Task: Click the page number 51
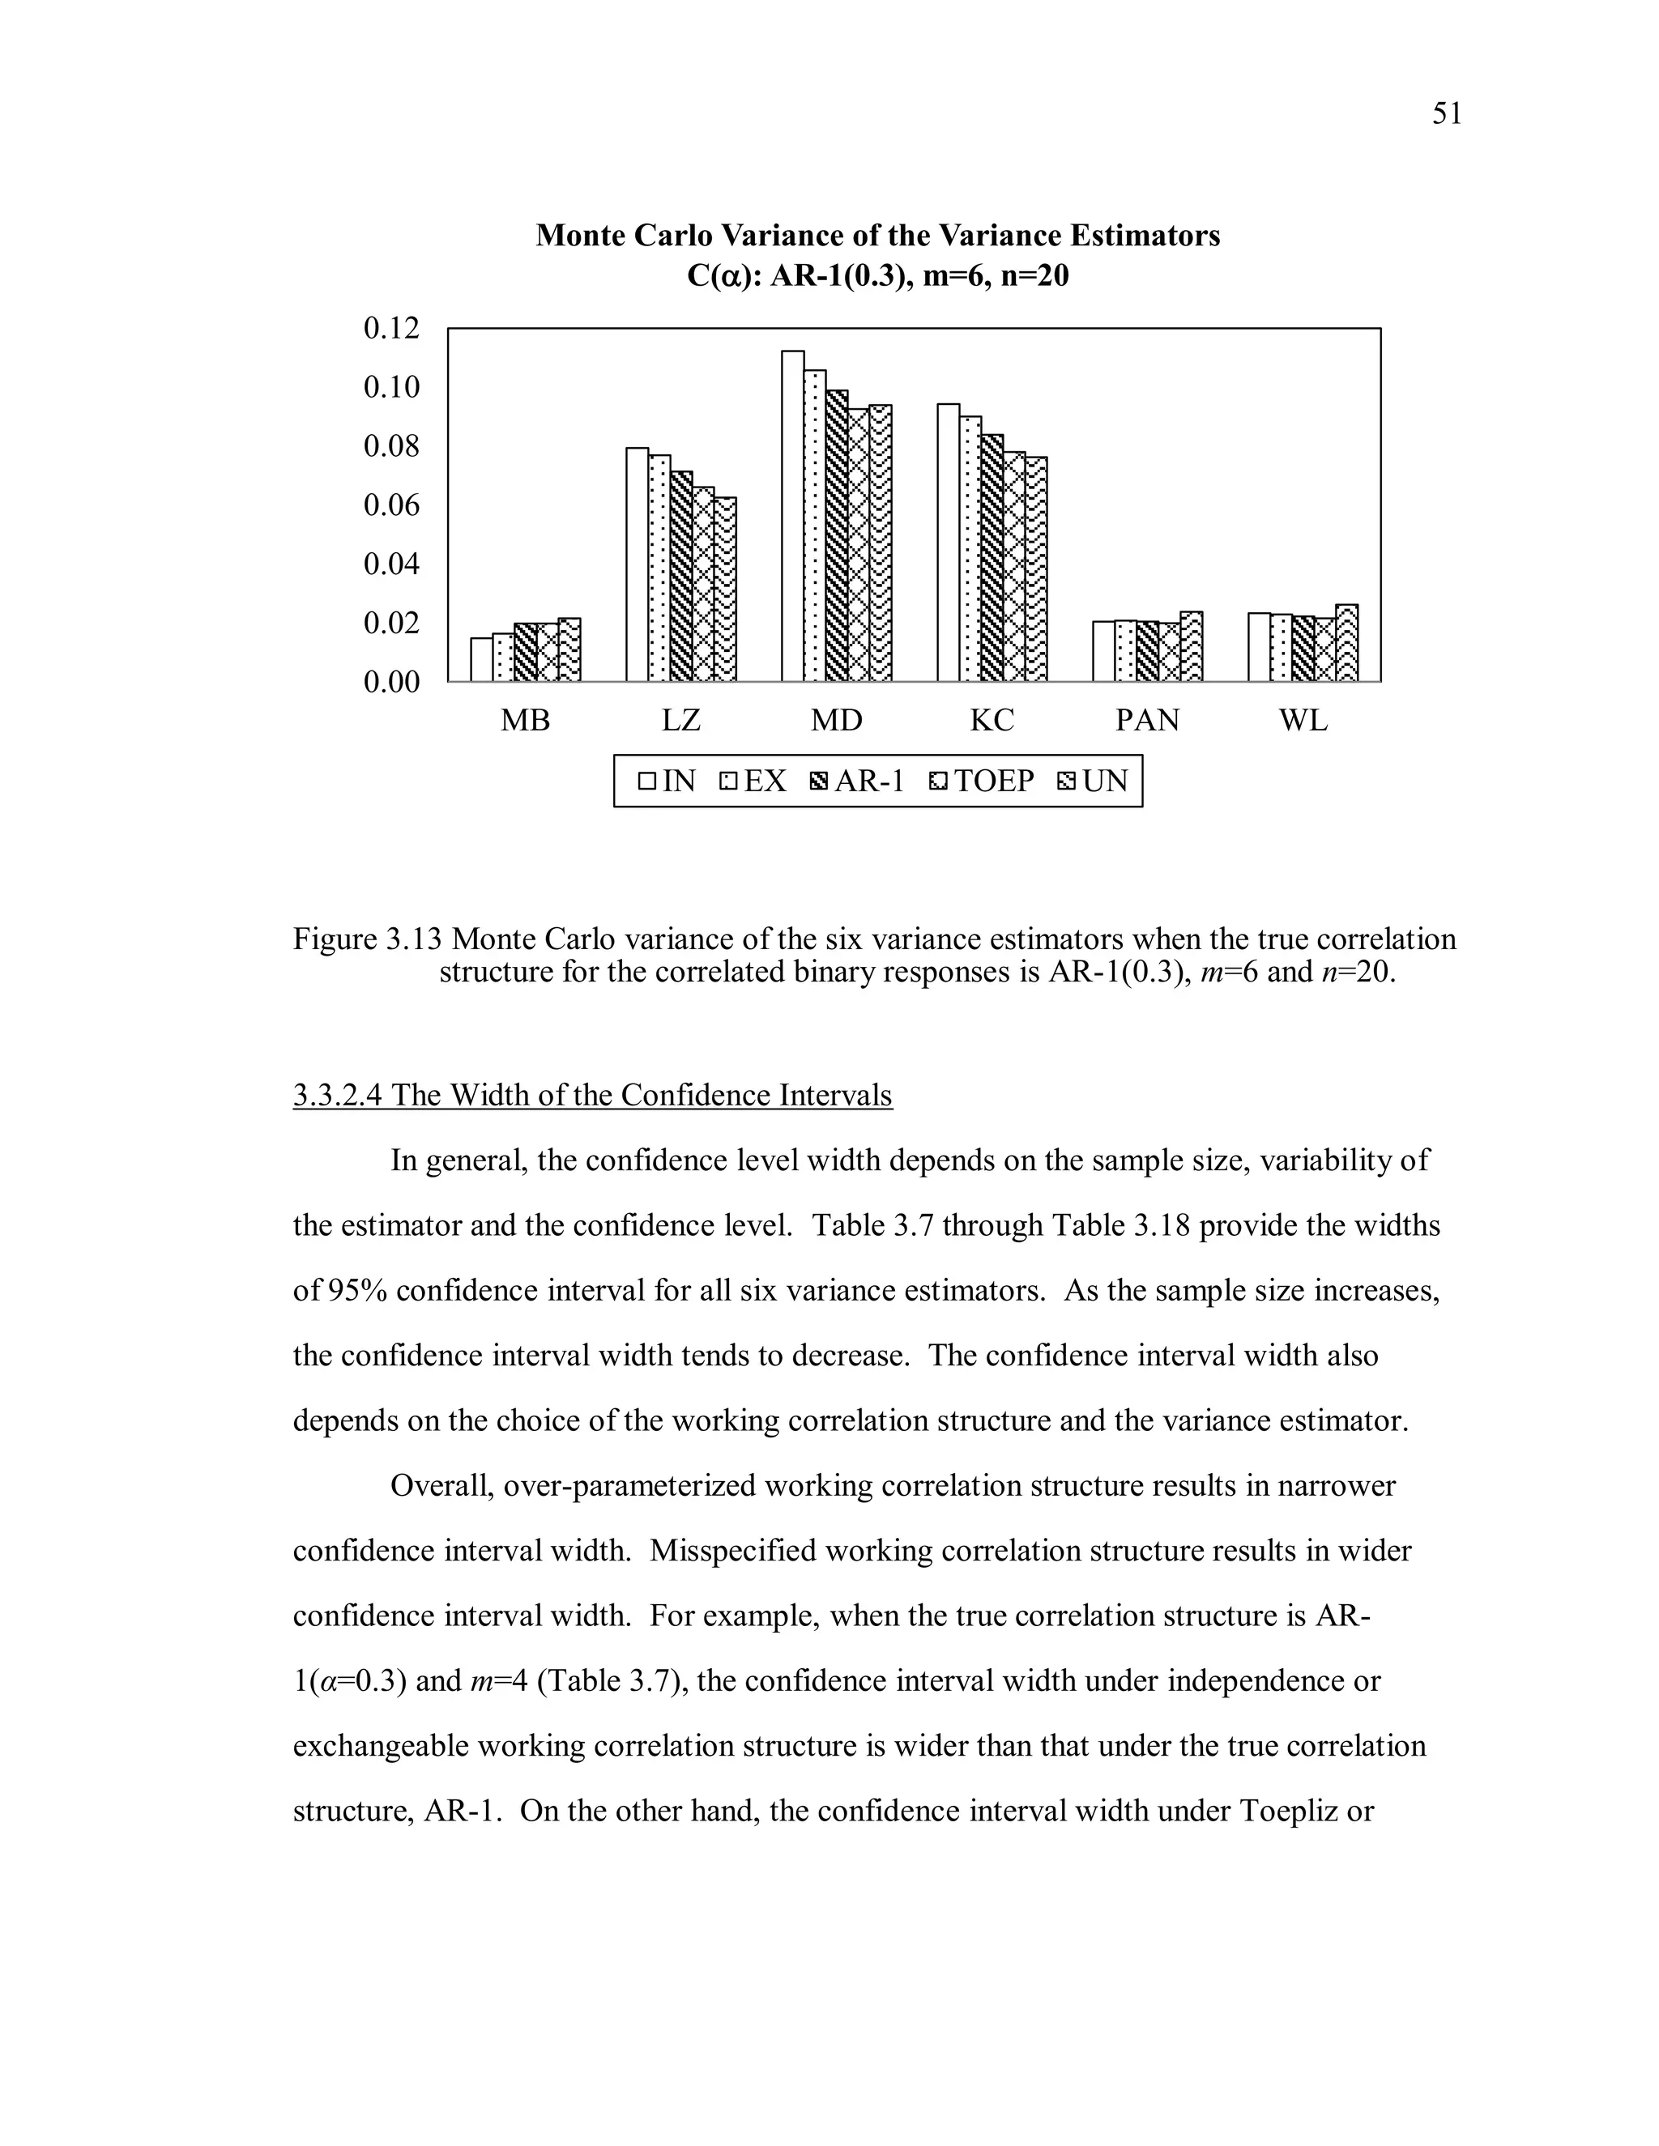(x=1447, y=115)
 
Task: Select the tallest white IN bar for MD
(x=792, y=516)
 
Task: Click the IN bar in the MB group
(x=480, y=659)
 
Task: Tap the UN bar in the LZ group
(x=724, y=590)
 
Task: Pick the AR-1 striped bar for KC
(x=992, y=558)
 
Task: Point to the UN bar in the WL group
(x=1346, y=644)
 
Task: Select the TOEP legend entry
(x=982, y=781)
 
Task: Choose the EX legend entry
(x=754, y=781)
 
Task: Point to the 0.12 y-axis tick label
(x=391, y=328)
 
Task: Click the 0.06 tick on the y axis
(x=391, y=505)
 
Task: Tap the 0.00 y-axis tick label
(x=391, y=682)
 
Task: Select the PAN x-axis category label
(x=1147, y=722)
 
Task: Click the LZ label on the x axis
(x=680, y=722)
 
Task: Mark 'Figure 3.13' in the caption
(x=368, y=939)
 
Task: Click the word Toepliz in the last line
(x=1289, y=1810)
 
